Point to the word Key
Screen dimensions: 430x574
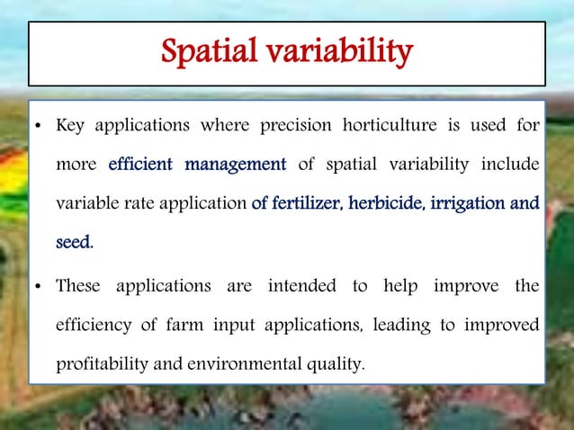pyautogui.click(x=71, y=126)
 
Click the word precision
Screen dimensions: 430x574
pyautogui.click(x=296, y=125)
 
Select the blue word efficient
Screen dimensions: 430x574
pyautogui.click(x=141, y=165)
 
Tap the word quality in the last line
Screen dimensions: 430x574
pyautogui.click(x=338, y=365)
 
